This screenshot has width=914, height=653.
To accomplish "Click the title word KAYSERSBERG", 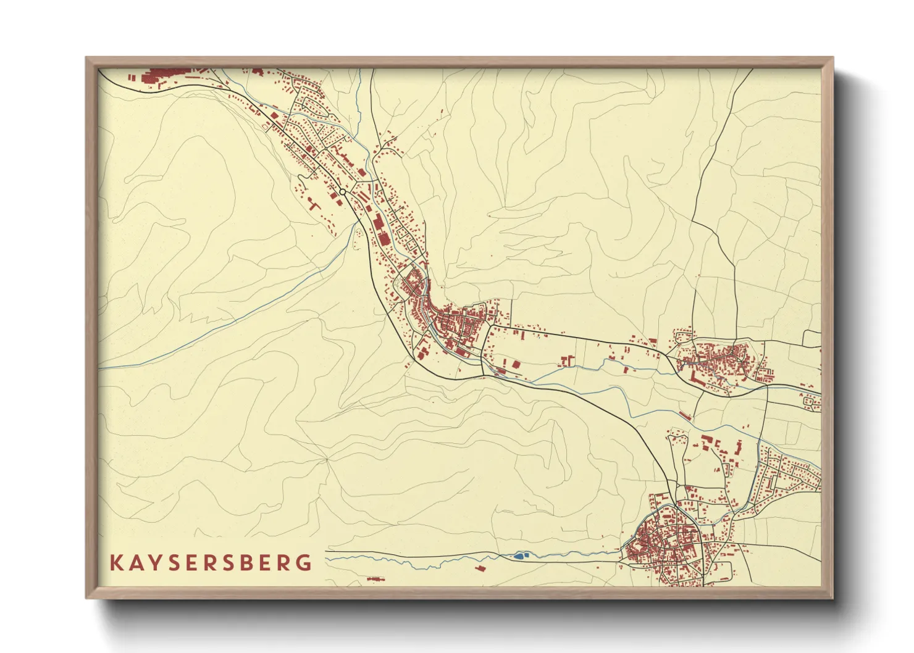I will click(211, 563).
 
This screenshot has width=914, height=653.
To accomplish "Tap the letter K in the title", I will click(115, 563).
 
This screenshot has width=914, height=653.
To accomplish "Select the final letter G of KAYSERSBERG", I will click(304, 563).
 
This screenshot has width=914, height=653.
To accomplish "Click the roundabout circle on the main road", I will click(342, 193).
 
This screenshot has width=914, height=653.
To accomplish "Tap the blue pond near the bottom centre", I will click(519, 556).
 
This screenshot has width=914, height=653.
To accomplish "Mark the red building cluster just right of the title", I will click(375, 579).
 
